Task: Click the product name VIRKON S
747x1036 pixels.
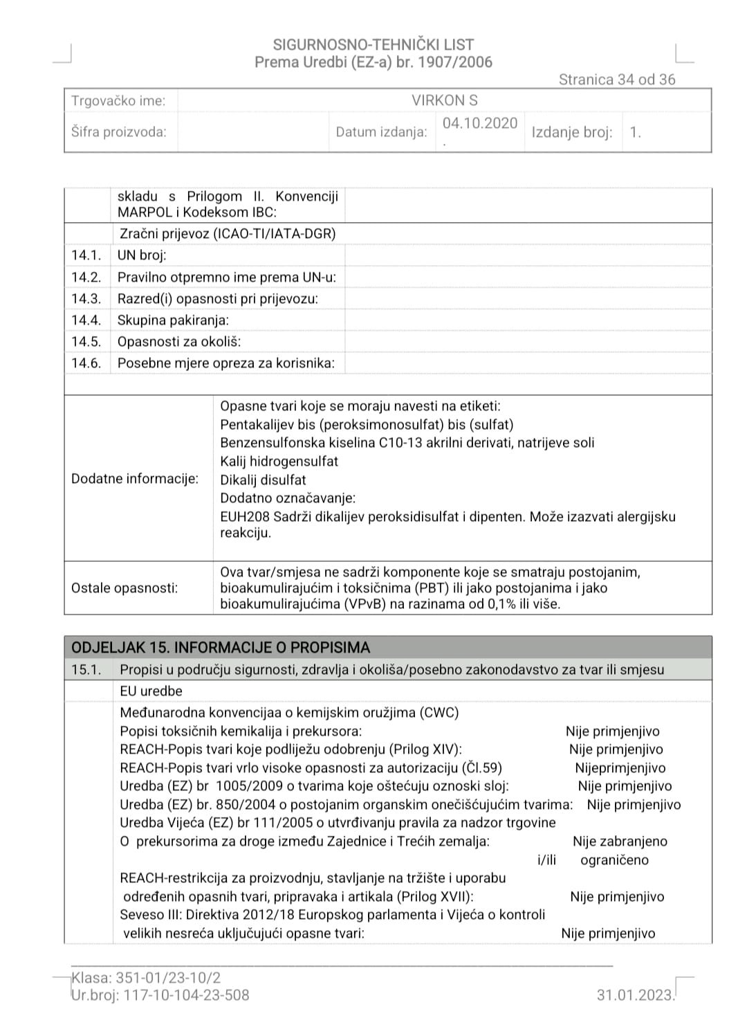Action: click(x=444, y=100)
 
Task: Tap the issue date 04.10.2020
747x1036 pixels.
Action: click(x=480, y=123)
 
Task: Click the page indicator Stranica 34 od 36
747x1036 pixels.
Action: click(x=616, y=80)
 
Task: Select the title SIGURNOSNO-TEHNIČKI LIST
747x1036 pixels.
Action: click(x=373, y=45)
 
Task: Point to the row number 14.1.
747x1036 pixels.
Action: click(x=86, y=255)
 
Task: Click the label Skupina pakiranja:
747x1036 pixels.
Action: click(x=173, y=320)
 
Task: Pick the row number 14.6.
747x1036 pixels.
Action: click(x=86, y=363)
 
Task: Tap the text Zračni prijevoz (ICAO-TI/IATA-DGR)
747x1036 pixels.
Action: click(x=228, y=234)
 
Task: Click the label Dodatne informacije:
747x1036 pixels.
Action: click(x=135, y=479)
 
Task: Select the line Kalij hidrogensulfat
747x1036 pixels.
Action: click(x=279, y=462)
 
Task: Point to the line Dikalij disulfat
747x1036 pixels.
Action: click(x=263, y=480)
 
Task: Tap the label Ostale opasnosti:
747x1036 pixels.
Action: click(x=124, y=588)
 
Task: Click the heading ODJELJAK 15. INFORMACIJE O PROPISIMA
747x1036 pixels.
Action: click(x=221, y=648)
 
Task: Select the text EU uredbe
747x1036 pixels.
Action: click(x=151, y=691)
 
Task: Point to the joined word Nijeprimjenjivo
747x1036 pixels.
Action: click(x=620, y=768)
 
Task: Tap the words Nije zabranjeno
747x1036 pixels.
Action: click(x=620, y=842)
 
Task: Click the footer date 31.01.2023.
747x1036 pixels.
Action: click(x=635, y=995)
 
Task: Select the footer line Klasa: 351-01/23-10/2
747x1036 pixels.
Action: click(x=146, y=978)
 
